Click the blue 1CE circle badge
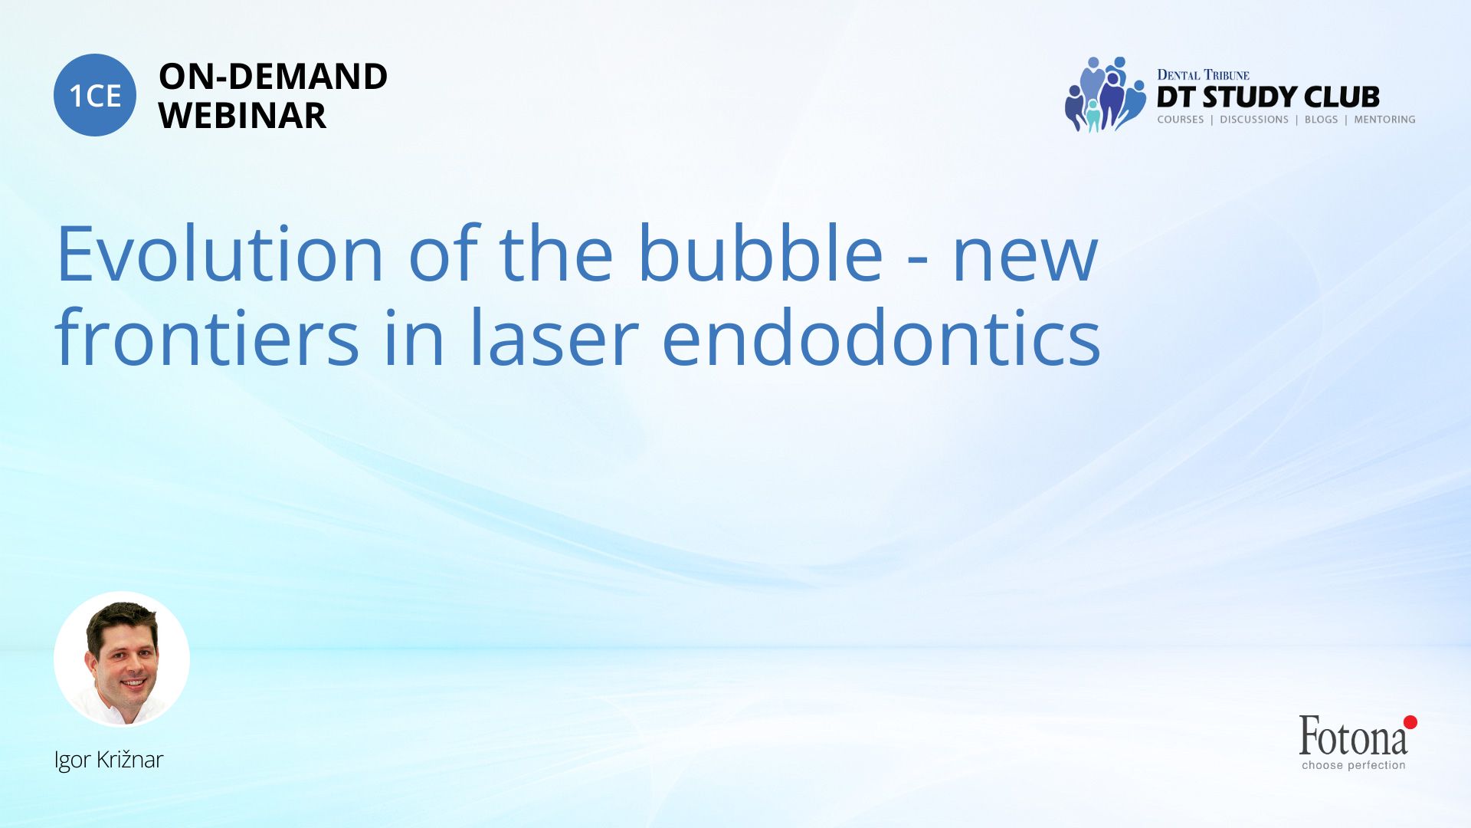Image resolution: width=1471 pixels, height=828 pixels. (x=95, y=95)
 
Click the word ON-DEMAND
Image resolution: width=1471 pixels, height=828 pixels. (x=273, y=77)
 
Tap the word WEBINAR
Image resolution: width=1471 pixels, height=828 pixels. (x=242, y=116)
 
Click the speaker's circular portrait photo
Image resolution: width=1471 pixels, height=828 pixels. (x=122, y=659)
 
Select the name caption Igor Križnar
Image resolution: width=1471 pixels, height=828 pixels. (x=109, y=760)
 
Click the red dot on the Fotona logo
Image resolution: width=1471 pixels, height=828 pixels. (x=1410, y=722)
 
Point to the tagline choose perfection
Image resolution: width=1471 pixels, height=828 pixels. (x=1354, y=765)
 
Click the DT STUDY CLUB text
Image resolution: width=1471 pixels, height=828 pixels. (x=1268, y=97)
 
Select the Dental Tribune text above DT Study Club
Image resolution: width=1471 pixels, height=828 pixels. (x=1203, y=75)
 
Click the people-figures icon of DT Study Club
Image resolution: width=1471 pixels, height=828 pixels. (x=1105, y=94)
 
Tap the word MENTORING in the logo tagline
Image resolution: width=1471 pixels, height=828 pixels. (x=1384, y=120)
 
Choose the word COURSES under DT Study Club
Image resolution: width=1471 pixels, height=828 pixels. (x=1180, y=120)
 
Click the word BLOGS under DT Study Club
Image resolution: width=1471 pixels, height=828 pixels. (x=1321, y=120)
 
